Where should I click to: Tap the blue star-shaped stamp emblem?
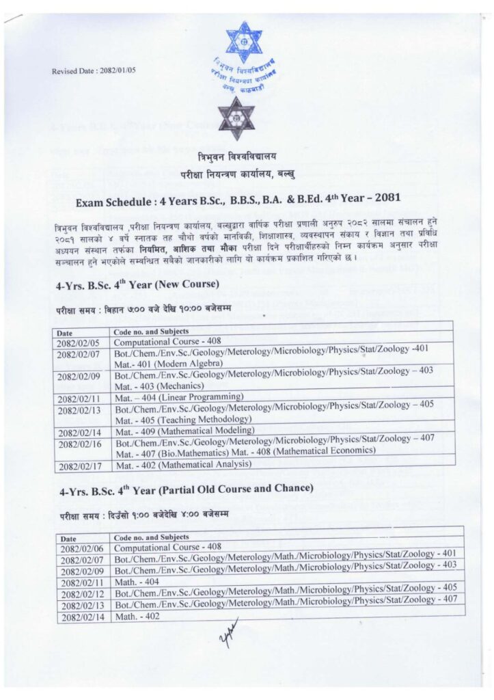click(244, 42)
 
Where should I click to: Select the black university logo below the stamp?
click(236, 118)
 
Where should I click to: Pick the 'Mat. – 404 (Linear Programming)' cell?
click(179, 396)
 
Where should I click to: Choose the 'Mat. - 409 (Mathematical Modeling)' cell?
click(184, 430)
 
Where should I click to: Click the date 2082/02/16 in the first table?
click(80, 443)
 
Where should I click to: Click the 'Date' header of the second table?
click(70, 538)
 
